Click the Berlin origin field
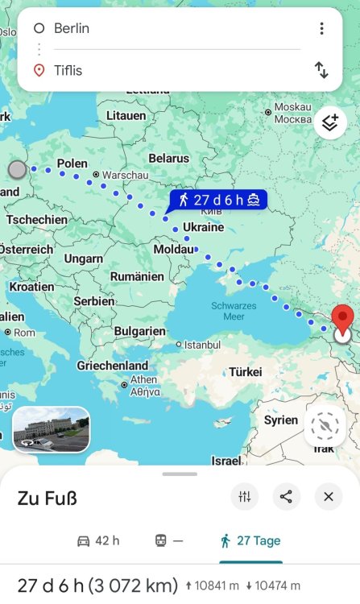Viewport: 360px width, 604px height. click(161, 28)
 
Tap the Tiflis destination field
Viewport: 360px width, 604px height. click(161, 70)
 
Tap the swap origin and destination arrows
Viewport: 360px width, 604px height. click(321, 70)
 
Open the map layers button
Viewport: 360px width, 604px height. click(329, 123)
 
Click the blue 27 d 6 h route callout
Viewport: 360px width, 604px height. click(217, 200)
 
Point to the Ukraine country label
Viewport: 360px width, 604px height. click(203, 227)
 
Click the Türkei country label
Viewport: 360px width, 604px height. click(246, 372)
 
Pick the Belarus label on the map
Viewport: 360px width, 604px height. click(168, 158)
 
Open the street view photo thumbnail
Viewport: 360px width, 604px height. click(52, 428)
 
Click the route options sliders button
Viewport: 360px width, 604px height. click(245, 497)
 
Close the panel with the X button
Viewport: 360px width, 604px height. click(328, 497)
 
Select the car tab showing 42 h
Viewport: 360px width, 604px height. click(98, 541)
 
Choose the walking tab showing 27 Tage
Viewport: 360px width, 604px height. click(250, 541)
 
